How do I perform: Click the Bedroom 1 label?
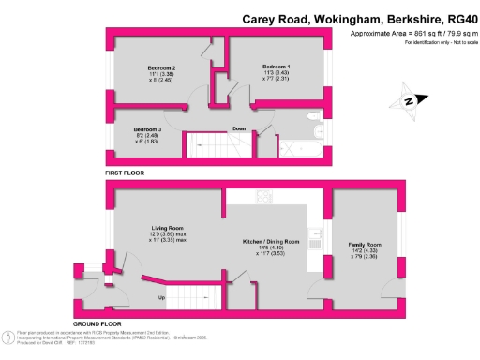click(x=276, y=67)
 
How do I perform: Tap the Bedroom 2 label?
click(x=161, y=68)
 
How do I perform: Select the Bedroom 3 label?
click(x=146, y=129)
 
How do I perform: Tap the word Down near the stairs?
click(x=240, y=130)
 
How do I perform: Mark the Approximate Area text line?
click(x=409, y=35)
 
